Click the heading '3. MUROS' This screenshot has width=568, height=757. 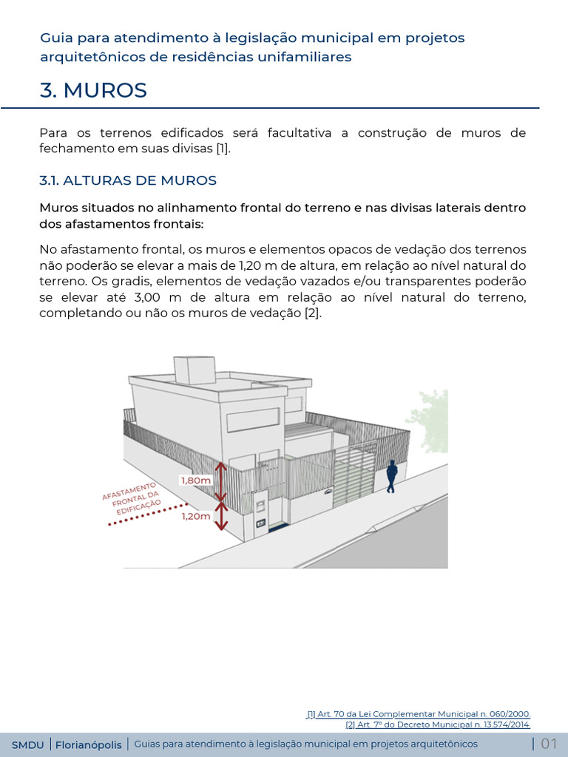tap(93, 90)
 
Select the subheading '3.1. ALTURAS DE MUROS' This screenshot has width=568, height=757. tap(127, 180)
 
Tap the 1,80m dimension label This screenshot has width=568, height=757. tap(195, 480)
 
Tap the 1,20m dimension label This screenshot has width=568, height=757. tap(196, 517)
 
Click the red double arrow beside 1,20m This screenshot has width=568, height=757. tap(220, 517)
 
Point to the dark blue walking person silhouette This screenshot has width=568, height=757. tap(391, 476)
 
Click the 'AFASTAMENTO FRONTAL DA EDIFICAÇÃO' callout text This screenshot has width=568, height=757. tap(132, 495)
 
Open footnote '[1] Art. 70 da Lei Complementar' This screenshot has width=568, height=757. tap(419, 714)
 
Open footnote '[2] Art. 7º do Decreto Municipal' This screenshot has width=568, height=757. tap(438, 724)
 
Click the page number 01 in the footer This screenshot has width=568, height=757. tap(549, 744)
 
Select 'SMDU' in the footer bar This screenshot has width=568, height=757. tap(27, 744)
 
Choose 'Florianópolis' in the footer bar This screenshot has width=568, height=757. tap(89, 744)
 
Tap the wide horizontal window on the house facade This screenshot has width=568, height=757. tap(253, 421)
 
